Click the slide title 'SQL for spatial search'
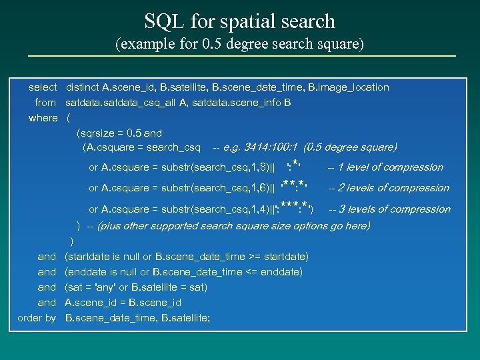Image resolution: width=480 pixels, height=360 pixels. [x=240, y=21]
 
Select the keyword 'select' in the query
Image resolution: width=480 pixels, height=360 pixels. [x=43, y=87]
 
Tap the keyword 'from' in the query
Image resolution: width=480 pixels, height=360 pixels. [x=45, y=103]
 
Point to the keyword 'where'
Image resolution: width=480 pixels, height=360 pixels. [x=43, y=118]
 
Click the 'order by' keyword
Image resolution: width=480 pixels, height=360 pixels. [x=37, y=318]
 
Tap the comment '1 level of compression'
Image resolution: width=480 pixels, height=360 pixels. [x=390, y=167]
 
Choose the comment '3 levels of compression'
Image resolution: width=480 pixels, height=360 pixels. [x=394, y=209]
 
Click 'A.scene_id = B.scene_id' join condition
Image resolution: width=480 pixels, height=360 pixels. [x=123, y=303]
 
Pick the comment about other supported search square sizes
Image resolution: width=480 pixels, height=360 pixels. [x=233, y=226]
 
